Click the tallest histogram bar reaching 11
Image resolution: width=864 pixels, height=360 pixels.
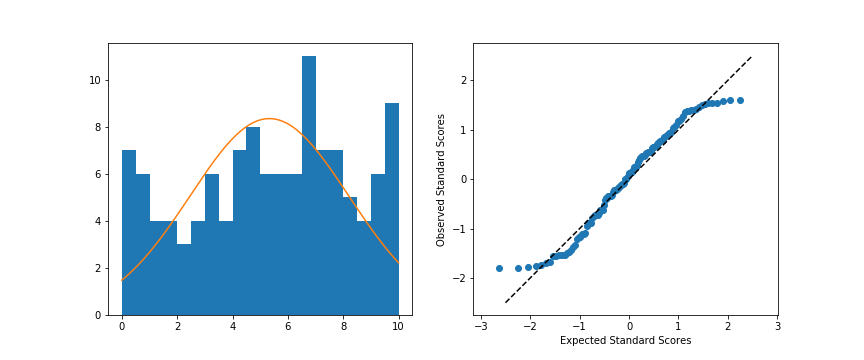(309, 185)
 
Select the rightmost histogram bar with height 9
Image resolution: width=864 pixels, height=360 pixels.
(392, 209)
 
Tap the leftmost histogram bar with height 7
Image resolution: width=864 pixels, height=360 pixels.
(129, 232)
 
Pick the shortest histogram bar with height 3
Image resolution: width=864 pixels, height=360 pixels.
(184, 279)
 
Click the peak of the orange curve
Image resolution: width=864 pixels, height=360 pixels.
(268, 119)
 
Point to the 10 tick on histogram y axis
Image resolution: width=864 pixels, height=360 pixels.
(108, 80)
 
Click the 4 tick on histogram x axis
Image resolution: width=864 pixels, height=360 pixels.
(233, 315)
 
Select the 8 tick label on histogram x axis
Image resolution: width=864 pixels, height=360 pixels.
(343, 326)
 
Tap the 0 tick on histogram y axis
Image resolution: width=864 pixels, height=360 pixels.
(108, 315)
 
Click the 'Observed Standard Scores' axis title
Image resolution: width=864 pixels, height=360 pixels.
(441, 179)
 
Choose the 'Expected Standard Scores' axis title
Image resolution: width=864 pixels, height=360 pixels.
(625, 341)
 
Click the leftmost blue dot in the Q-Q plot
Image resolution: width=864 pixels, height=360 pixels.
(499, 268)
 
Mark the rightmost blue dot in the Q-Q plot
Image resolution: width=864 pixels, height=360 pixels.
(740, 100)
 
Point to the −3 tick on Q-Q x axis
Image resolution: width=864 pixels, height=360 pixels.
(481, 315)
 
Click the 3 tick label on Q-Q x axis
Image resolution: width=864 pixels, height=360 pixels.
(777, 326)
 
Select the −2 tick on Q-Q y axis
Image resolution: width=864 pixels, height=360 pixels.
(473, 278)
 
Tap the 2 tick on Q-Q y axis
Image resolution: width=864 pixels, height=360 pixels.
(473, 80)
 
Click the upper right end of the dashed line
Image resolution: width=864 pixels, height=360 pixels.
(751, 57)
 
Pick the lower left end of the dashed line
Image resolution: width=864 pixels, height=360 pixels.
(505, 302)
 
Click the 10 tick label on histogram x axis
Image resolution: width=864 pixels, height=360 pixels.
(398, 326)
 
